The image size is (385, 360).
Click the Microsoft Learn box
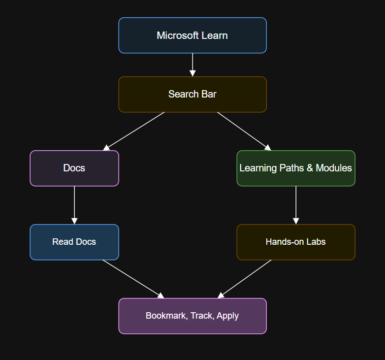(192, 35)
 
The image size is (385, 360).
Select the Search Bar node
(192, 94)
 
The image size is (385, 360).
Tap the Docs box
(74, 168)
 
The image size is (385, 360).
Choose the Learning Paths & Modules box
(295, 168)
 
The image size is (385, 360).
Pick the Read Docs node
(74, 242)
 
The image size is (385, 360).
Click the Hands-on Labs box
(295, 242)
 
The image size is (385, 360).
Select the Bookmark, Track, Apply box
(192, 316)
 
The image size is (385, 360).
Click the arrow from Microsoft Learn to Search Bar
(192, 64)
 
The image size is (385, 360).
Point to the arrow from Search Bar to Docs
(134, 131)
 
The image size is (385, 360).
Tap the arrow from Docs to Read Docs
(74, 204)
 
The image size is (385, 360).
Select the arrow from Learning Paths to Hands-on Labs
(296, 204)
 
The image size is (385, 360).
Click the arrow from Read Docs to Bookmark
(133, 279)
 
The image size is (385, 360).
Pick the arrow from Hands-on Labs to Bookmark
(245, 279)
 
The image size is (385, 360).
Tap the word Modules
(334, 168)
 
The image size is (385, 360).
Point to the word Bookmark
(165, 316)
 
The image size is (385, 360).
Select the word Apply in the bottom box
(228, 316)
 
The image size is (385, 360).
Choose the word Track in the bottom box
(202, 316)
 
